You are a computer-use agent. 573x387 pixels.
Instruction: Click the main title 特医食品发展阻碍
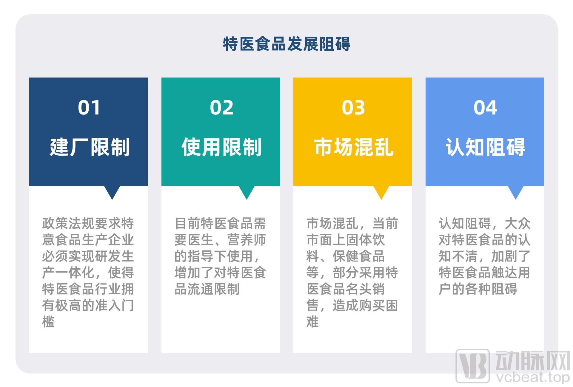[x=286, y=44]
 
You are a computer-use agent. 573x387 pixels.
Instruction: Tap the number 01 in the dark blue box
[x=89, y=108]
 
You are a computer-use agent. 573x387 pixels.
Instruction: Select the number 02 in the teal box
[x=221, y=108]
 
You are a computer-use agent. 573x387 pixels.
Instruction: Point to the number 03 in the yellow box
[x=353, y=108]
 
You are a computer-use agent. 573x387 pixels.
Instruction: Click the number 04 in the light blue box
[x=485, y=108]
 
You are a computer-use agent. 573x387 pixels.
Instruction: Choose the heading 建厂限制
[x=90, y=147]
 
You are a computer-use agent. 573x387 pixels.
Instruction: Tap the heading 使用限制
[x=221, y=147]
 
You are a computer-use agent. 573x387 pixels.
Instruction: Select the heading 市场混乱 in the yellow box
[x=354, y=147]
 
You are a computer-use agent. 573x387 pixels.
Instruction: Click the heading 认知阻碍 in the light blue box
[x=486, y=147]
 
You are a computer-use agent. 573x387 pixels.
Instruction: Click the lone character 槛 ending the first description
[x=48, y=322]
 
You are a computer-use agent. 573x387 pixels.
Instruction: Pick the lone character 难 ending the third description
[x=313, y=322]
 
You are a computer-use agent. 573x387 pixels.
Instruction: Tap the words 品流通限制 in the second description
[x=207, y=289]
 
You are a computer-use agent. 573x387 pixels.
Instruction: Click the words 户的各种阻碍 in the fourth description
[x=478, y=289]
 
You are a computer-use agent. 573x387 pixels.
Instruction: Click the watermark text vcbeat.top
[x=533, y=377]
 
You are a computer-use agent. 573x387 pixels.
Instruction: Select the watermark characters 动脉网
[x=533, y=360]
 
